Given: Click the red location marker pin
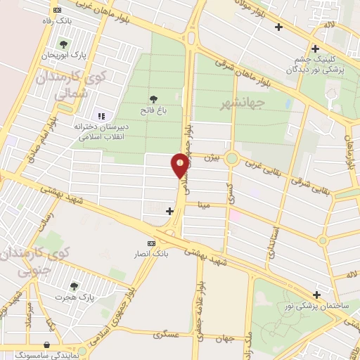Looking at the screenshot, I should (x=180, y=165).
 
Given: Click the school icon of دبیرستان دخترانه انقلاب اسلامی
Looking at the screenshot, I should (x=100, y=116).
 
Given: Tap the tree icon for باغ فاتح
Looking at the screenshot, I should (x=154, y=98).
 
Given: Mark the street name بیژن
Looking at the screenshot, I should (x=213, y=159).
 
